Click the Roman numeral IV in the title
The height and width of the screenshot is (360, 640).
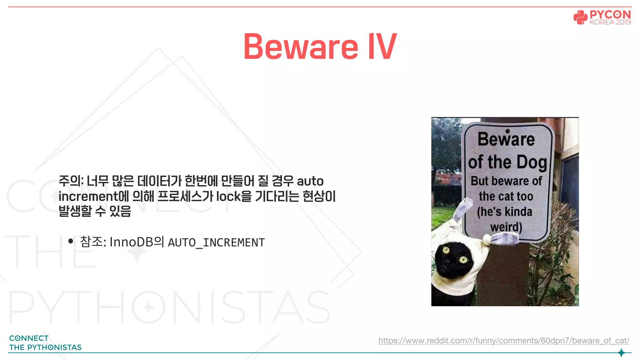click(382, 47)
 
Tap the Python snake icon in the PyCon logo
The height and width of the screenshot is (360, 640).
click(580, 17)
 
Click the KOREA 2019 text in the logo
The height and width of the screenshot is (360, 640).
click(610, 22)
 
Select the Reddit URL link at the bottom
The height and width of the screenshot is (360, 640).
click(504, 340)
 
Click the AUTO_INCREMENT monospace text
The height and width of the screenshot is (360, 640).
click(216, 242)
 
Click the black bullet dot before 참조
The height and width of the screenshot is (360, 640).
click(71, 241)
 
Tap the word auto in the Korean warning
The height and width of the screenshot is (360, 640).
click(310, 181)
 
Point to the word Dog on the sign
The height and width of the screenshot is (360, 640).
click(531, 162)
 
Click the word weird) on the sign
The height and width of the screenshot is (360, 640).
click(506, 227)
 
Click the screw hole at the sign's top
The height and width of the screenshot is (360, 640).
click(507, 131)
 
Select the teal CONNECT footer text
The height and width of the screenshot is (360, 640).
click(29, 338)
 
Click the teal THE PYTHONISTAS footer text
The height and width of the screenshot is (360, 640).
click(45, 347)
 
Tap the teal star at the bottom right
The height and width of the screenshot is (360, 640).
click(621, 353)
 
